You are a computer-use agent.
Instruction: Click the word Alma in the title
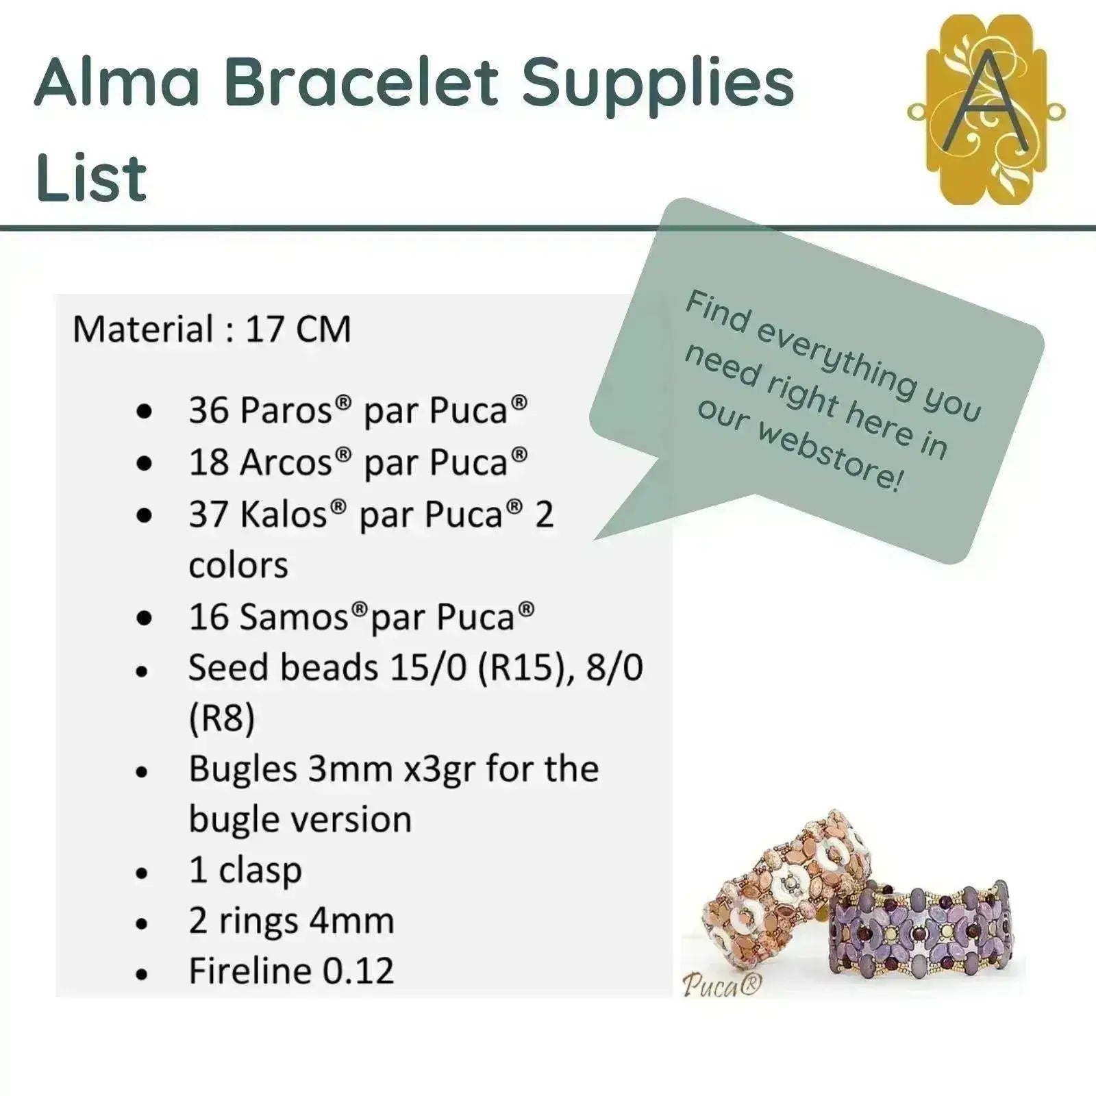(x=117, y=84)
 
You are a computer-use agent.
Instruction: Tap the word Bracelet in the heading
(x=362, y=84)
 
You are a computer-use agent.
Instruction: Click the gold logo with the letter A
(x=986, y=110)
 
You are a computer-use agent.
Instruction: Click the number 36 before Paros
(x=209, y=410)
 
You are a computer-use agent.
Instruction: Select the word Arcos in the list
(x=286, y=462)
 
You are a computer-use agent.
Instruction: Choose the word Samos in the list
(x=295, y=616)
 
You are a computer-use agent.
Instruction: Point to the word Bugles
(x=243, y=770)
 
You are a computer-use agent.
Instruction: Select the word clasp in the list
(x=260, y=871)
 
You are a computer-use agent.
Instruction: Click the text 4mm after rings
(x=351, y=921)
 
